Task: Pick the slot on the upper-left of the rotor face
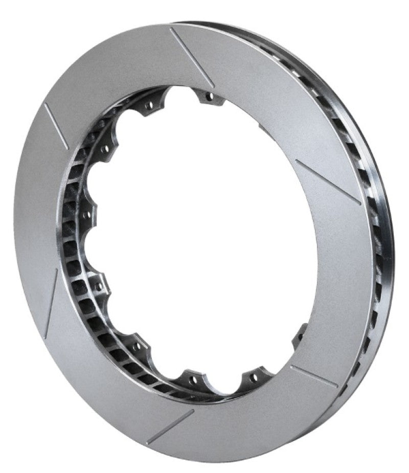tap(56, 126)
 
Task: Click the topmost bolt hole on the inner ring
tap(209, 96)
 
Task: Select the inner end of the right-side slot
tap(297, 163)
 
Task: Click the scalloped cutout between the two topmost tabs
tap(179, 95)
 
